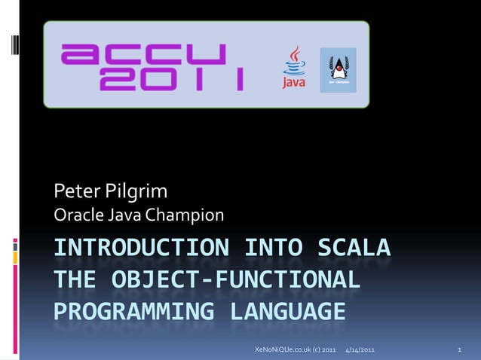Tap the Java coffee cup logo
click(293, 68)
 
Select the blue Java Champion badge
click(338, 69)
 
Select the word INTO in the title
click(271, 247)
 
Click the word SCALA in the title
click(355, 247)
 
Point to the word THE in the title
click(74, 279)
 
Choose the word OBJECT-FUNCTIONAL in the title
click(234, 279)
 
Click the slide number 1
click(459, 351)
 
